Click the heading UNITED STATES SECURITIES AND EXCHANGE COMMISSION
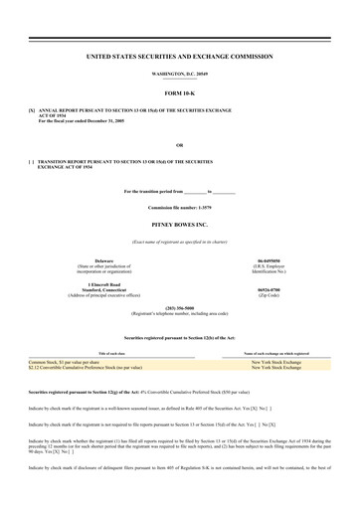tap(180, 61)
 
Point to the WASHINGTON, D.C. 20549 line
tap(180, 76)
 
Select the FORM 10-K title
tap(180, 94)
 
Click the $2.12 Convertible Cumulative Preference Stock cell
tap(92, 368)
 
